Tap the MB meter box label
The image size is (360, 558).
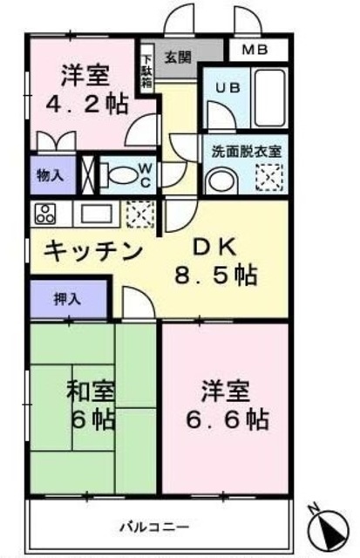pyautogui.click(x=256, y=50)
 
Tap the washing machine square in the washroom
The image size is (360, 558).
pyautogui.click(x=268, y=178)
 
